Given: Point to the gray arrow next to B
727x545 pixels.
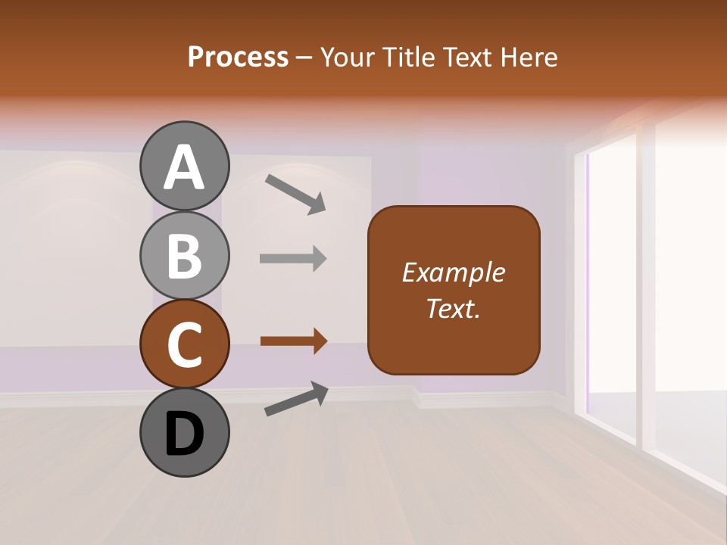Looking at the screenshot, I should click(293, 258).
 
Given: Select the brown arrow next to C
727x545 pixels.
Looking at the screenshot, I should click(293, 341).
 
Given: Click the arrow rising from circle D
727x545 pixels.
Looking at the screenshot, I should click(296, 399).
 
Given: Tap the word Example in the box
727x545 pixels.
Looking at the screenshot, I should click(453, 272).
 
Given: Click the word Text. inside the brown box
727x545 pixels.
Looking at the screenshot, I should click(453, 309).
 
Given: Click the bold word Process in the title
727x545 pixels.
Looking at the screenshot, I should click(238, 58).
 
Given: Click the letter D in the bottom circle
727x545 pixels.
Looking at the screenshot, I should click(185, 434).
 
